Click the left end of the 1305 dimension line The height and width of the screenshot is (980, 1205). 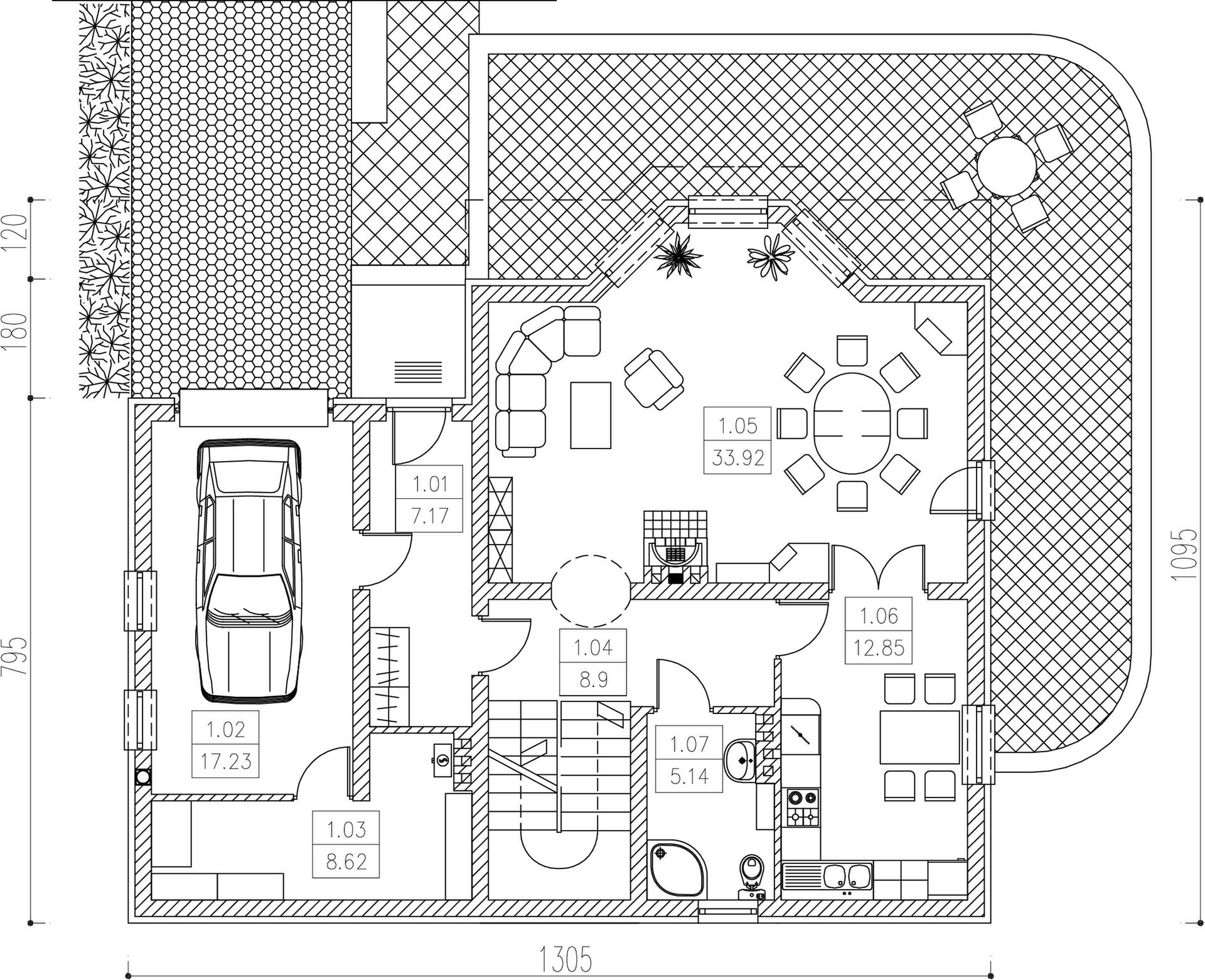[x=128, y=975]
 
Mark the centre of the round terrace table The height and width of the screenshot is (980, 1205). [x=1007, y=167]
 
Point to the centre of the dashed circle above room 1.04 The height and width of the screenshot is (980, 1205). [x=590, y=591]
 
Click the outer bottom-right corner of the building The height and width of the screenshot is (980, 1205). [x=992, y=923]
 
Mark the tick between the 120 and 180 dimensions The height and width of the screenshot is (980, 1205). [x=31, y=279]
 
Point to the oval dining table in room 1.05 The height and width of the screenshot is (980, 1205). [x=852, y=423]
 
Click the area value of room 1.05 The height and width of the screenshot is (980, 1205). [x=738, y=457]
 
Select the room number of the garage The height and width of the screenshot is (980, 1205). [x=225, y=730]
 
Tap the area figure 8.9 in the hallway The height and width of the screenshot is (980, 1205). [x=593, y=679]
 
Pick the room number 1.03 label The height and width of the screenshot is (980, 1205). [x=346, y=829]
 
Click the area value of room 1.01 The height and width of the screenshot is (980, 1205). [x=430, y=516]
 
